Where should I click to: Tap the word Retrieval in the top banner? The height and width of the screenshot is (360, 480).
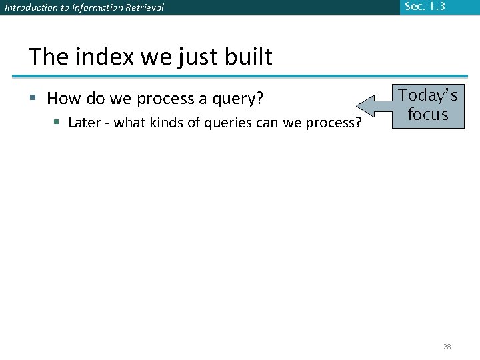point(143,8)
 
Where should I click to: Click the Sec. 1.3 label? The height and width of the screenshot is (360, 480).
point(424,7)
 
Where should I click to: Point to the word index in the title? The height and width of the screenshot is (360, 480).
point(105,57)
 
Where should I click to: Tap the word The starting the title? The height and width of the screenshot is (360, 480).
point(49,57)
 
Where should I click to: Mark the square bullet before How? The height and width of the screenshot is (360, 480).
point(33,99)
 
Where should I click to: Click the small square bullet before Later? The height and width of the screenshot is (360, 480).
point(57,123)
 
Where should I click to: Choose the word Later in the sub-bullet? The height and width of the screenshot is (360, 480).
point(84,123)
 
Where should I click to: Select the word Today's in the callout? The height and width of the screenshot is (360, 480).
point(428,95)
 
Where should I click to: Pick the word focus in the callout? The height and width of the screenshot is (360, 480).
point(427,114)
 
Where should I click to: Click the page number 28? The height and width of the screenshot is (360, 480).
point(447,346)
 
